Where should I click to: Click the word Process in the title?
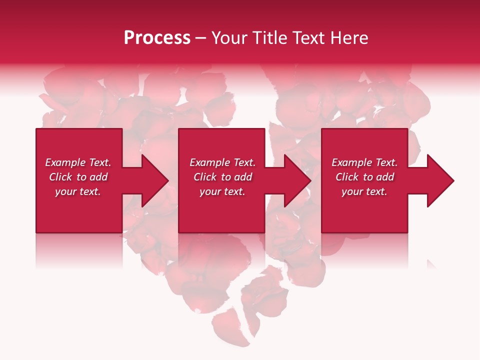(157, 38)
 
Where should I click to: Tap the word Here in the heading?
(348, 38)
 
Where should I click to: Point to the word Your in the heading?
(229, 38)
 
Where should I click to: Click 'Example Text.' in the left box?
(78, 162)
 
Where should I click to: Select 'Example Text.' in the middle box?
(222, 162)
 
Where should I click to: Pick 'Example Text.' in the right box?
(364, 162)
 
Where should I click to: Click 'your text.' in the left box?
(78, 191)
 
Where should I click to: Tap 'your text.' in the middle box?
(222, 191)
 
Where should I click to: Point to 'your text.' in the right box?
(364, 191)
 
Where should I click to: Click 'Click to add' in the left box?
(78, 177)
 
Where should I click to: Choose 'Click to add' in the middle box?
(222, 177)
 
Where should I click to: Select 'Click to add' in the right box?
(364, 177)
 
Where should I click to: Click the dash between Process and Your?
(201, 38)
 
